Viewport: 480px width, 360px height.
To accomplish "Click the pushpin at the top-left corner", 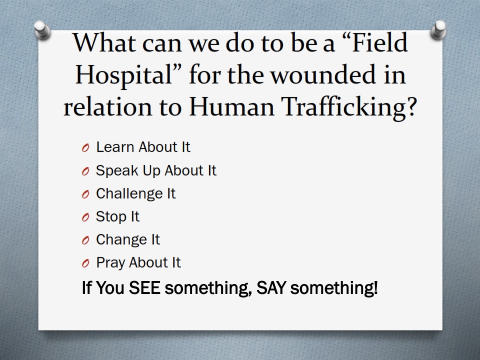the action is click(x=42, y=30).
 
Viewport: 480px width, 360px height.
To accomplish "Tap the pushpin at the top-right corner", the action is click(x=438, y=30).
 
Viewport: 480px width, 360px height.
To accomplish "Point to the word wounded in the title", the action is click(x=323, y=74).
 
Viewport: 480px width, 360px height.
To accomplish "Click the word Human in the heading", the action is click(x=231, y=106).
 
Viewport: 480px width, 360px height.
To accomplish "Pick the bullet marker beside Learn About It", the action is click(x=85, y=148).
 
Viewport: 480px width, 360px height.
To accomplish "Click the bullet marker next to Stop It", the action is click(x=85, y=217).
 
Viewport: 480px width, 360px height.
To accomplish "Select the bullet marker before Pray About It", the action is click(x=85, y=263).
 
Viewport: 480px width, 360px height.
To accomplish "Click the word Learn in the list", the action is click(x=115, y=147).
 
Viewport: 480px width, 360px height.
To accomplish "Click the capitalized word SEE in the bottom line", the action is click(x=144, y=288).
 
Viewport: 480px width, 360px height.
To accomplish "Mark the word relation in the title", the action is click(x=107, y=107).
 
